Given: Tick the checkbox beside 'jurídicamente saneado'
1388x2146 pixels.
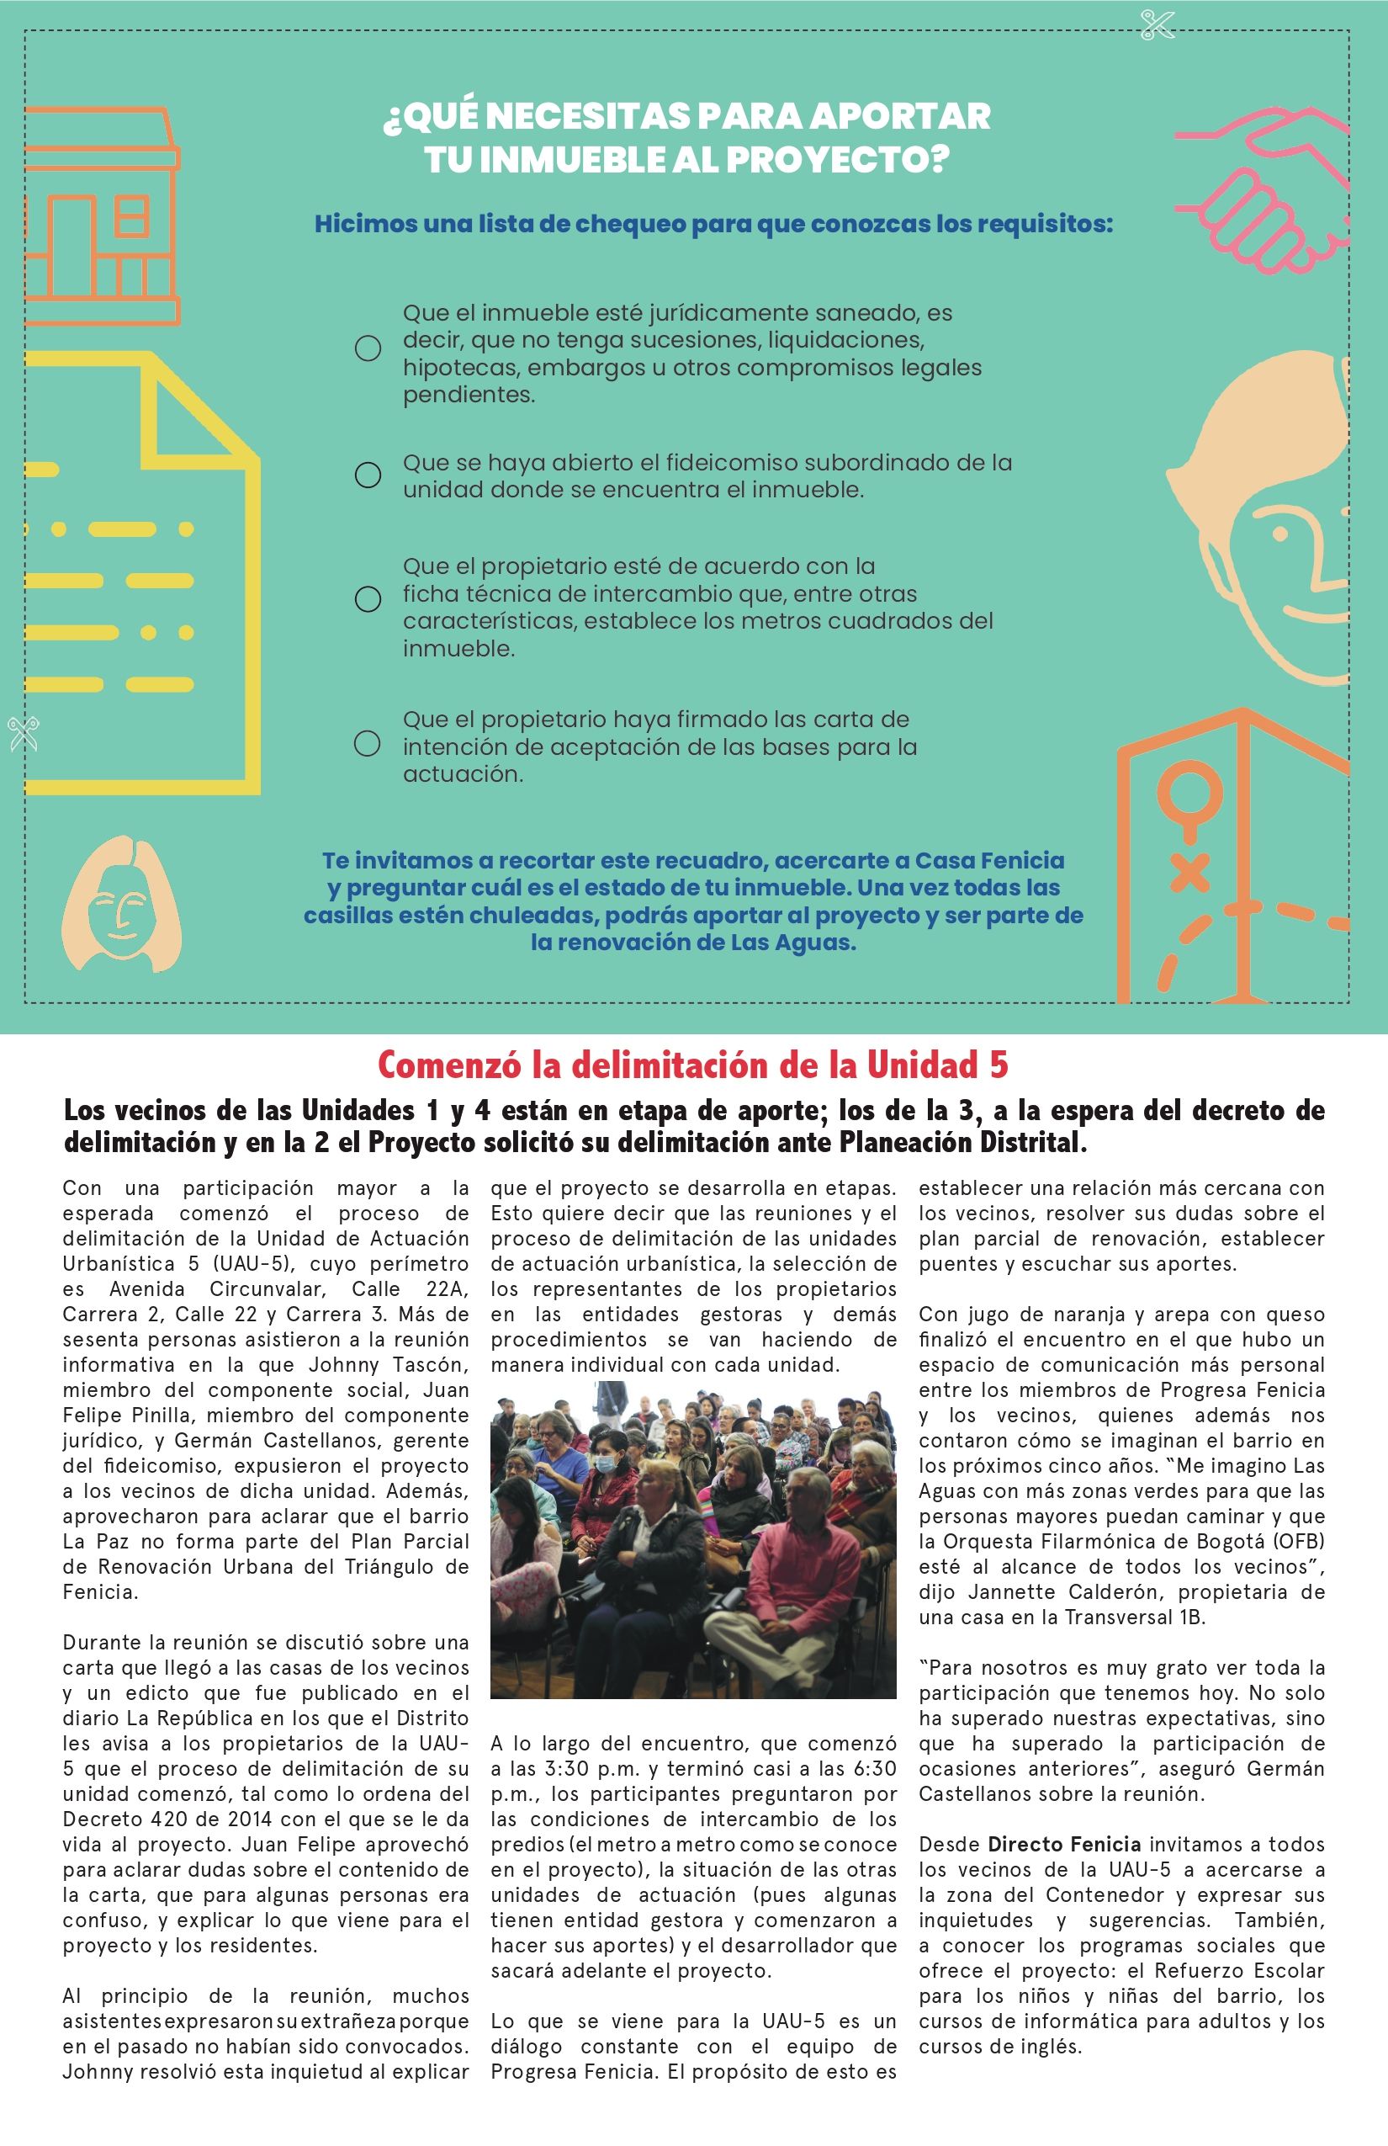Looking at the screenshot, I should tap(368, 348).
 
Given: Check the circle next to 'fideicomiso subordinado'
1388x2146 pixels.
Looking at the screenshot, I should tap(368, 475).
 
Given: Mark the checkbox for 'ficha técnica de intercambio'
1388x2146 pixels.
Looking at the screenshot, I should tap(368, 598).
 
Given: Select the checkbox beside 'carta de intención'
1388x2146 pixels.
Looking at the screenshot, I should tap(367, 743).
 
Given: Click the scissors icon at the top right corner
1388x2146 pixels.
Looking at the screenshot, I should tap(1158, 24).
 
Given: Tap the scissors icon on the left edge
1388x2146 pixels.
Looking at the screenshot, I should tap(24, 733).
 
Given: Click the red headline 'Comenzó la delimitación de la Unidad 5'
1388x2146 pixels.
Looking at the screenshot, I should tap(693, 1065).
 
